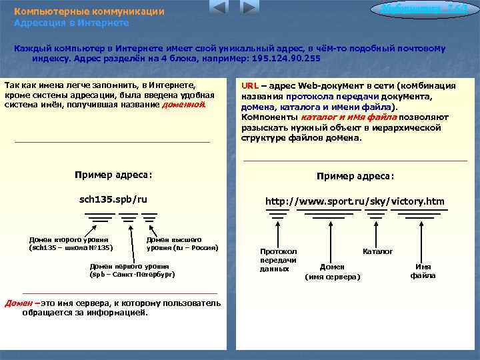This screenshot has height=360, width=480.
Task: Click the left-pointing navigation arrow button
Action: coord(218,9)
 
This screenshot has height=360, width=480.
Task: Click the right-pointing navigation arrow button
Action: coord(248,9)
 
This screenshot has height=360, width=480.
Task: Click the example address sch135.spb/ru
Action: coord(113,199)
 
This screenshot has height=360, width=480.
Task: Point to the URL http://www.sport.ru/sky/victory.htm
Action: coord(355,201)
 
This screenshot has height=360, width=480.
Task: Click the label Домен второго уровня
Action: coord(69,243)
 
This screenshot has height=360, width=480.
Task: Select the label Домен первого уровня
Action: coord(132,269)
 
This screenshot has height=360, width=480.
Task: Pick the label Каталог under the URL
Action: coord(377,251)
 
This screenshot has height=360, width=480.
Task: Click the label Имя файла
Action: coord(423,271)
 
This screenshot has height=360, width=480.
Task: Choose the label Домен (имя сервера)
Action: coord(333,271)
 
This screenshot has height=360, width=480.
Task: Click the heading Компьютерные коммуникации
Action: coord(89,12)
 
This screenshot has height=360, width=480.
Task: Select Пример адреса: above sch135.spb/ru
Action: coord(113,175)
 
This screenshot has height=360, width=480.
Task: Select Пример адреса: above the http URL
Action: coord(355,176)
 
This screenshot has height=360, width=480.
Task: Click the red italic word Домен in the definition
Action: coord(19,303)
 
